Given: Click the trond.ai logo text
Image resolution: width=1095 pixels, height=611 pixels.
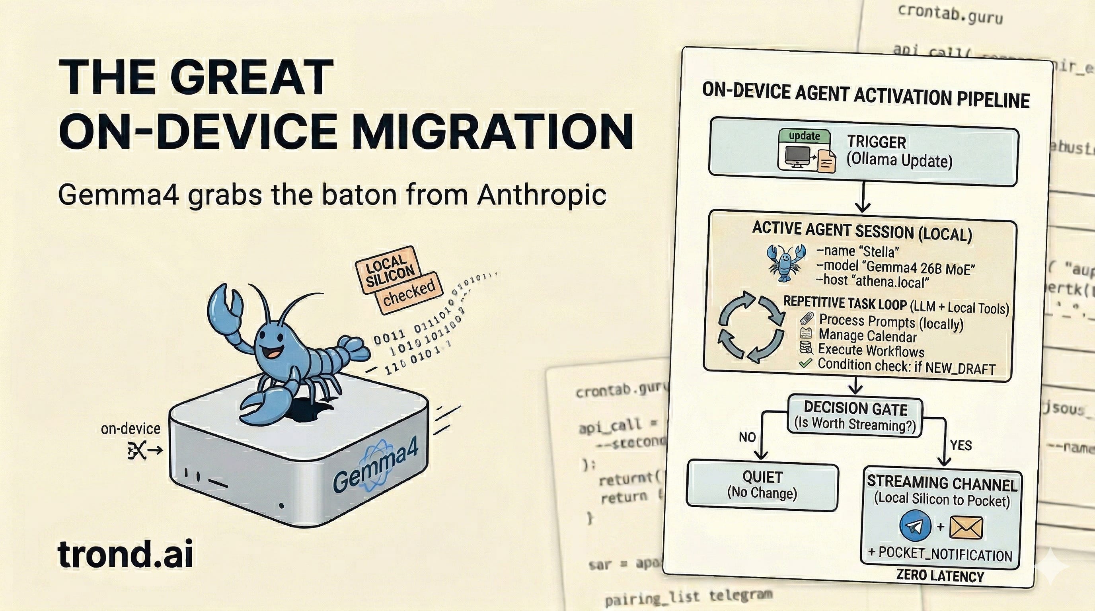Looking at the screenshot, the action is [125, 554].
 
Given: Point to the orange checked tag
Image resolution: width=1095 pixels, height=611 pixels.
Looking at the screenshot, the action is [409, 293].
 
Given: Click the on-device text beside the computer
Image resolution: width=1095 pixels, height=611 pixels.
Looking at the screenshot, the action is [131, 429].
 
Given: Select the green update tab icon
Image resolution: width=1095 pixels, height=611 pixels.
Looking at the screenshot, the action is [804, 136].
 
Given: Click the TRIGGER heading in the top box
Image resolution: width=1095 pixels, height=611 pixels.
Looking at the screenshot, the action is [876, 142].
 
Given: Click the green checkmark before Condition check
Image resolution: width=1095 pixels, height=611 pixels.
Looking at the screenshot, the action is [805, 363].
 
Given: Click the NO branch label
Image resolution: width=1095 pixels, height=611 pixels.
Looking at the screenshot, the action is [747, 437].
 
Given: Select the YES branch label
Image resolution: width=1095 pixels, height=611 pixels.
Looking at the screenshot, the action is [961, 445].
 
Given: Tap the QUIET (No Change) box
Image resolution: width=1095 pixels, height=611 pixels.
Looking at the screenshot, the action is [762, 485].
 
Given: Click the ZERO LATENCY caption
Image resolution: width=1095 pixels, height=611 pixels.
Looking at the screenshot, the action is [940, 576].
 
